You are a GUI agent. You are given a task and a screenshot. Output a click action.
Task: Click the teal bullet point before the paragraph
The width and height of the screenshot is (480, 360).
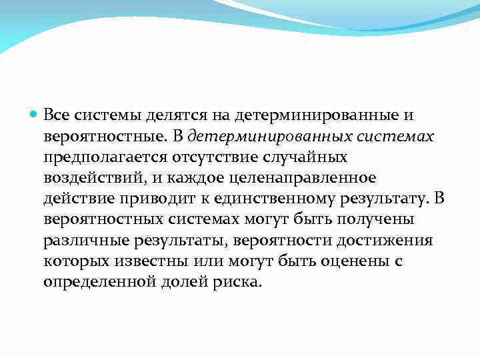34,115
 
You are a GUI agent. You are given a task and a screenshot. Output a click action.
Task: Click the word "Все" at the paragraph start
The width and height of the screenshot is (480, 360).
57,115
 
